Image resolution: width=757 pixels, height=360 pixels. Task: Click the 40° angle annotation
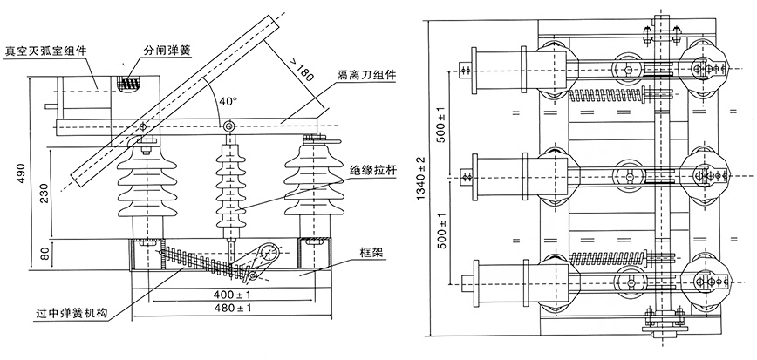228,101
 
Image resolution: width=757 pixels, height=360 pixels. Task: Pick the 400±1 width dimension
229,293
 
